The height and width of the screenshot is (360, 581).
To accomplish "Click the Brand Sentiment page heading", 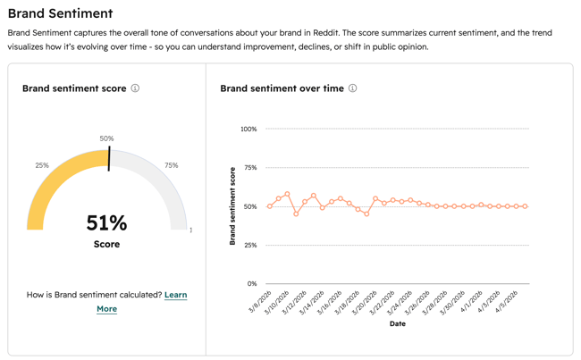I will tap(60, 13).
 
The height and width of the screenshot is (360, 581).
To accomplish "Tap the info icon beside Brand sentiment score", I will tap(135, 88).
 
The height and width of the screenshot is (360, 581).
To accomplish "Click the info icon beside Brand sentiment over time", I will tap(352, 88).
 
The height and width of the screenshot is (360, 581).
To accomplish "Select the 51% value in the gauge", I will tap(106, 222).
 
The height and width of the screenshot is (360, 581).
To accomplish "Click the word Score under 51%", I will tap(106, 244).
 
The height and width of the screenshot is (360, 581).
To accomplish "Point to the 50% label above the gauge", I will tap(106, 138).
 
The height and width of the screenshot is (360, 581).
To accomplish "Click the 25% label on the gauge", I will tap(42, 165).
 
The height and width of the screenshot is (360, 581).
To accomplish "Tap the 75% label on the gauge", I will tap(171, 165).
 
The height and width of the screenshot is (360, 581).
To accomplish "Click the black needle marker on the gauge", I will tap(109, 159).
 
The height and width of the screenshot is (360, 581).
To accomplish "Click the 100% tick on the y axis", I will tap(248, 130).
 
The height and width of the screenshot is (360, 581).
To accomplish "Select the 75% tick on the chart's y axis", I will tap(249, 168).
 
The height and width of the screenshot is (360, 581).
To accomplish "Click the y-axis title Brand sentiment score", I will tap(232, 206).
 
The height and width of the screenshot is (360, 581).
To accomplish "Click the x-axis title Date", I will tap(397, 323).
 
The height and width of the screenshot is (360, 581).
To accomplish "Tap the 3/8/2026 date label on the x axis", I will tap(258, 301).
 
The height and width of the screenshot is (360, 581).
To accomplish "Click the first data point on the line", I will tap(270, 206).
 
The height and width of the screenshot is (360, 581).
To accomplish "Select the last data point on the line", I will tap(526, 206).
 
